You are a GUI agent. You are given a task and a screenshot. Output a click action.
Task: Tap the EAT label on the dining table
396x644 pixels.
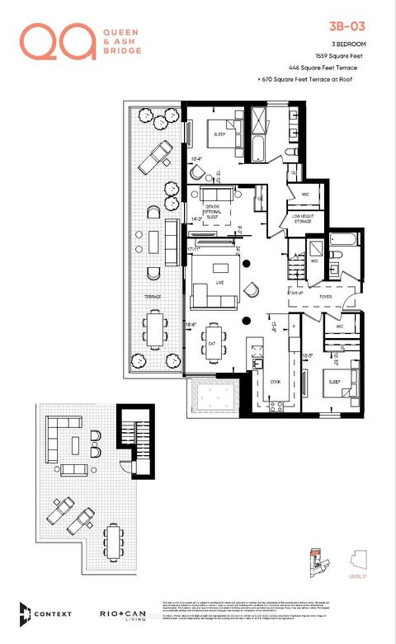click(x=212, y=344)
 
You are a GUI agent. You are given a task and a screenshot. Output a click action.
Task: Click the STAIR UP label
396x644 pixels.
click(x=295, y=292)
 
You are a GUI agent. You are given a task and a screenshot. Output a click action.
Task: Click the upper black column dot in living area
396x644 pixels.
click(x=246, y=264)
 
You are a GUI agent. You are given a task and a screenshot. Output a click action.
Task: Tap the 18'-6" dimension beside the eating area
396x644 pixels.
click(x=190, y=327)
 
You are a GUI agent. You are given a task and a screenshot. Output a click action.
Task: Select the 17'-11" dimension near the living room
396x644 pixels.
click(x=195, y=248)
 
